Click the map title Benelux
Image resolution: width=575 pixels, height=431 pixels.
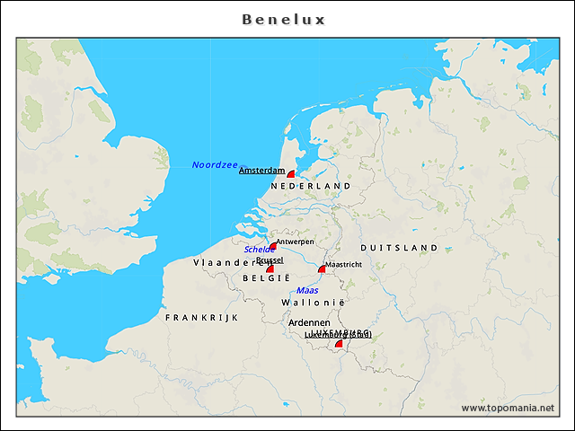point(284,19)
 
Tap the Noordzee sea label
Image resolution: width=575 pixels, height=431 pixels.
point(215,165)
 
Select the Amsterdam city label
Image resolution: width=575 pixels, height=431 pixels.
point(261,171)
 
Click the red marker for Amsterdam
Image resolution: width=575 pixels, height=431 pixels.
point(290,174)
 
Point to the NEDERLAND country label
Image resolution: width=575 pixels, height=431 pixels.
point(310,185)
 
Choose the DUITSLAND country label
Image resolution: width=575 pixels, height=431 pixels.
point(399,248)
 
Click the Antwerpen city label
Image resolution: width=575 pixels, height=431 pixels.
point(295,242)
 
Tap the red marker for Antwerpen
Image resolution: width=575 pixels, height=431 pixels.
point(273,246)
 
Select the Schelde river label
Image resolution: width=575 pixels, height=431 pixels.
point(260,250)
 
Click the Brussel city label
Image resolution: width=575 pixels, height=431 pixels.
point(270,259)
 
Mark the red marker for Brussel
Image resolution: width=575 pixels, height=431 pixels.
point(270,268)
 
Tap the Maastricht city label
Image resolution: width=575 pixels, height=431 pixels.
point(343,265)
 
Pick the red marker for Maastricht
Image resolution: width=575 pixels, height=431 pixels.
point(322,268)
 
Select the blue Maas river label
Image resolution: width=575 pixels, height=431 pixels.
point(307,290)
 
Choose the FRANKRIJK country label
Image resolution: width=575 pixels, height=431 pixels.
point(201,318)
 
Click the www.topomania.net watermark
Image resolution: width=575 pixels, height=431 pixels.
point(508,408)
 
